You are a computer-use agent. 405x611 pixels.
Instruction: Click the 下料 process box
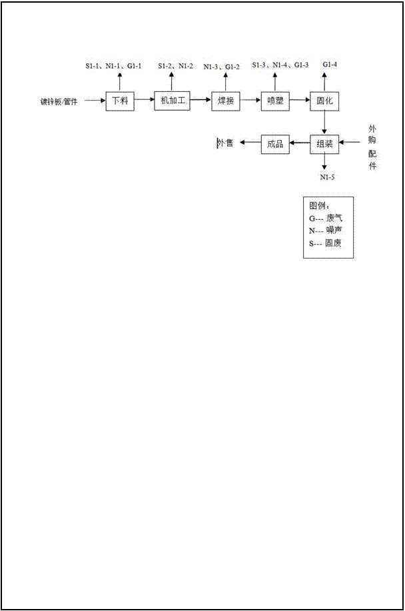[x=120, y=101]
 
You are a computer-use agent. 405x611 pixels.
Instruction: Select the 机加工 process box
[x=172, y=101]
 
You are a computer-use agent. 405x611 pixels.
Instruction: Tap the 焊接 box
[x=226, y=101]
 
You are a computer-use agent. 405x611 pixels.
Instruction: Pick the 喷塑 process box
[x=275, y=101]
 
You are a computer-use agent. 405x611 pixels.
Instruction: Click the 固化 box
[x=324, y=101]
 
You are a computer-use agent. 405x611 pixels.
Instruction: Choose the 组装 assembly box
[x=324, y=144]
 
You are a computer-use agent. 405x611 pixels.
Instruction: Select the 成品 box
[x=275, y=144]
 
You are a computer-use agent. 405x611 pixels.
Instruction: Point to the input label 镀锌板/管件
[x=59, y=102]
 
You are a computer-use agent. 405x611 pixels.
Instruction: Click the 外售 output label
[x=225, y=143]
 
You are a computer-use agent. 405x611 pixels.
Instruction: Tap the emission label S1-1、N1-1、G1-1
[x=114, y=66]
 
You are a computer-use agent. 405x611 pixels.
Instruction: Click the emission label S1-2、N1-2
[x=176, y=66]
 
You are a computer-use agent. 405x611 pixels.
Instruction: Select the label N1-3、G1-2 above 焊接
[x=222, y=67]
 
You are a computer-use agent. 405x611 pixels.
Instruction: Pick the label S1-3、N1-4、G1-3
[x=280, y=65]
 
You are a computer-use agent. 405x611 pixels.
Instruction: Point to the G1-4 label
[x=330, y=64]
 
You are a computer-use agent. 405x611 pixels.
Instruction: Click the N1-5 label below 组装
[x=328, y=177]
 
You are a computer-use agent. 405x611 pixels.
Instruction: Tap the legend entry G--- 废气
[x=326, y=219]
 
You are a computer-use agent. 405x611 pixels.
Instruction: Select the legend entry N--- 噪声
[x=326, y=231]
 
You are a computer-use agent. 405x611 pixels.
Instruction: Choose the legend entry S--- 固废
[x=325, y=243]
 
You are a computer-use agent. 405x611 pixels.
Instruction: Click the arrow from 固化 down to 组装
[x=324, y=123]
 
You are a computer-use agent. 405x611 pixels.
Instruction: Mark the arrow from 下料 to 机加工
[x=145, y=100]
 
